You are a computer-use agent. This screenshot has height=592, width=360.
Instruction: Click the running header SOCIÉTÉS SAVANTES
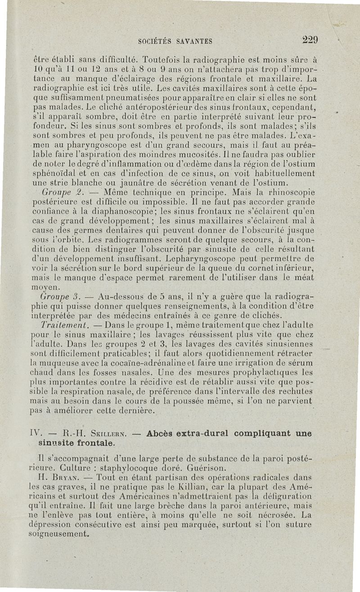(175, 41)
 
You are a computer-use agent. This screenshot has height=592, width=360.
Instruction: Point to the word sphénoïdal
(56, 174)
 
